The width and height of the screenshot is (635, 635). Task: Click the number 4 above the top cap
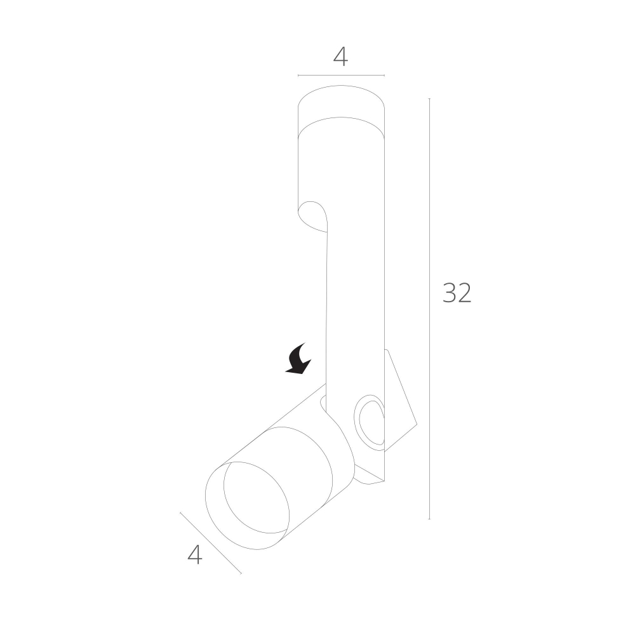pos(340,57)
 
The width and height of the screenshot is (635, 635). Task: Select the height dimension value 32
pos(457,293)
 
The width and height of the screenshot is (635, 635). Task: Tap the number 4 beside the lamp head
pos(195,555)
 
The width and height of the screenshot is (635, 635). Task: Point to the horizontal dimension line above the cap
pos(341,76)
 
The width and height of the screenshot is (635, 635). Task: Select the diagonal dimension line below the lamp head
pos(211,544)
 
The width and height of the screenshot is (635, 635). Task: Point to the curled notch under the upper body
pos(314,216)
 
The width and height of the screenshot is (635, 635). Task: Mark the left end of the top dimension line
pos(298,76)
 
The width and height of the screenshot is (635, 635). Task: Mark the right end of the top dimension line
pos(384,76)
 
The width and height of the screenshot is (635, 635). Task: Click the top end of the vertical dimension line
pos(429,99)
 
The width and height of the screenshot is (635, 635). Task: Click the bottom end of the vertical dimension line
pos(429,519)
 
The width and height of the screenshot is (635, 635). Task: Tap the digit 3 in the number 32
pos(449,293)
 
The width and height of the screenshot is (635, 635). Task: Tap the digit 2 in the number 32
pos(464,293)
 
